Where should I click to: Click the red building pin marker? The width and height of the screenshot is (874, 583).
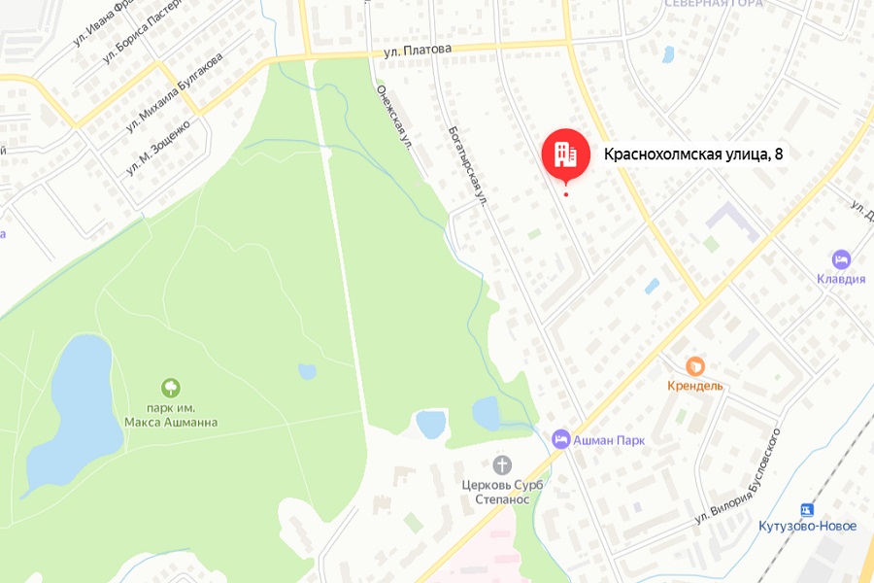pos(565,154)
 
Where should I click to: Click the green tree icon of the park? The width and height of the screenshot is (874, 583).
pos(171,388)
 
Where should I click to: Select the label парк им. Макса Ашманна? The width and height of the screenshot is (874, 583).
pos(171,415)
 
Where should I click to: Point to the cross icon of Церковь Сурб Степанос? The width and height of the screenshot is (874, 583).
pos(502,464)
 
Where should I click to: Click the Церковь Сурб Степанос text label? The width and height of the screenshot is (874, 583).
pos(502,492)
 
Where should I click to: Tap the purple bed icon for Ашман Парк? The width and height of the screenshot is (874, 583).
pos(561,439)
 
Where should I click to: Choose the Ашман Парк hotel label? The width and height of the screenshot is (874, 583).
pos(609,440)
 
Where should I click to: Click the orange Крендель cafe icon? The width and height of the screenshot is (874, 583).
pos(695,366)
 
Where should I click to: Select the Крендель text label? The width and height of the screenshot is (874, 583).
pos(695,386)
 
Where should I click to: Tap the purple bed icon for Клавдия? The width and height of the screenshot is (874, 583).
pos(841,259)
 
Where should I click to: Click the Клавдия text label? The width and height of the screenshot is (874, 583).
pos(841,279)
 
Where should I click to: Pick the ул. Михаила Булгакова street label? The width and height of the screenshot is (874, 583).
pos(174,91)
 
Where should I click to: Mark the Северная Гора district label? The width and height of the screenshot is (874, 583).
pos(714,4)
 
